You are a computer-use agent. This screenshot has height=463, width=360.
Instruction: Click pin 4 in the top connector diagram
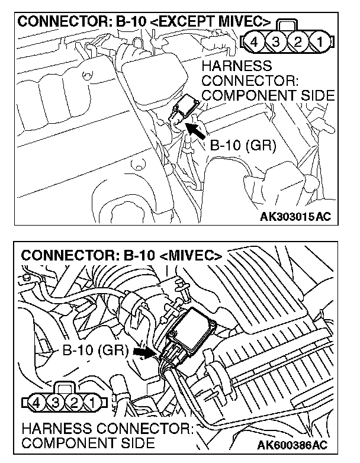(255, 43)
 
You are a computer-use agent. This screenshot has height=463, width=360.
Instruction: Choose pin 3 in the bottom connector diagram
(56, 404)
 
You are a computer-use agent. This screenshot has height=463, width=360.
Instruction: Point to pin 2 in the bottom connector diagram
(74, 404)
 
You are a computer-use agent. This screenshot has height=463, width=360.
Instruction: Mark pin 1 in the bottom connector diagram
(92, 404)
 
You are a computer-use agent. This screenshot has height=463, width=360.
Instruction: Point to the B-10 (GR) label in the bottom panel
(95, 350)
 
